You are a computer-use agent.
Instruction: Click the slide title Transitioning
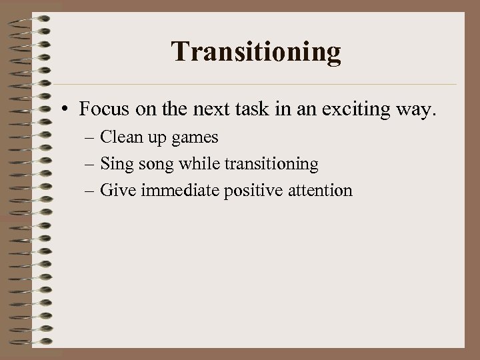[x=256, y=52]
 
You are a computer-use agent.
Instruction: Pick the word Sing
[x=115, y=164]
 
